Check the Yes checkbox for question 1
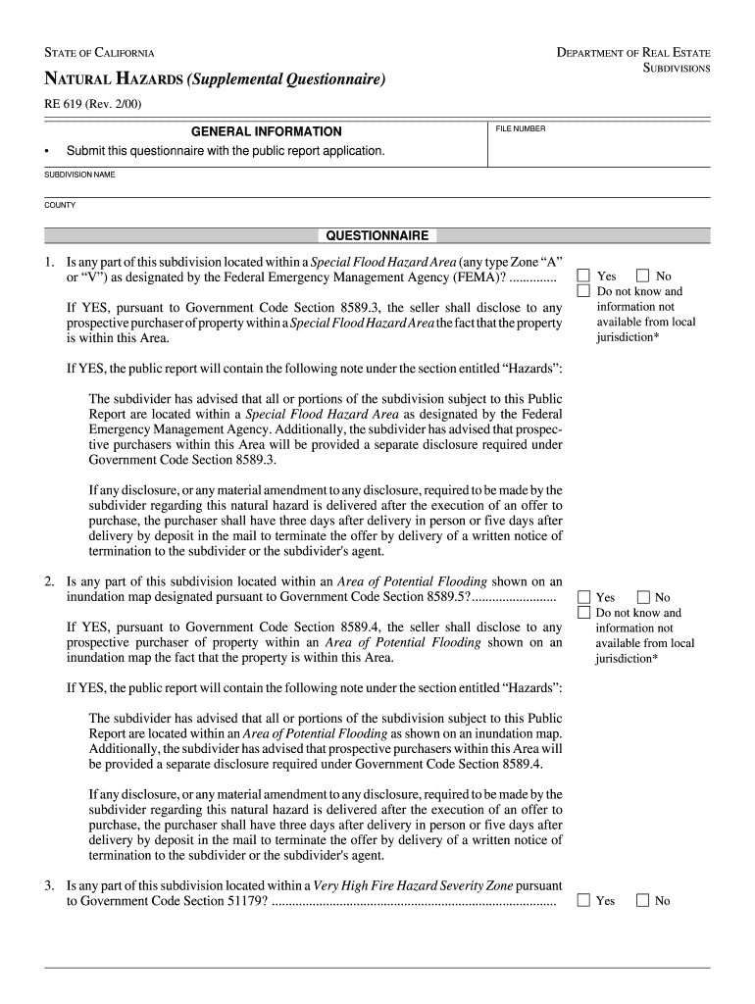583,276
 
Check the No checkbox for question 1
642,276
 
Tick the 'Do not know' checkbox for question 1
583,291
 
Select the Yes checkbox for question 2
583,597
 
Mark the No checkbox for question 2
642,597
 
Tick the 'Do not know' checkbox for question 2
583,613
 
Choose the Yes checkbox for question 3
583,900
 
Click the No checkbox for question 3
642,900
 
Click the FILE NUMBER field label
520,128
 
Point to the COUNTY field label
60,205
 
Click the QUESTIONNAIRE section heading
377,236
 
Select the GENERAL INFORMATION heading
266,131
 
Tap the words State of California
98,52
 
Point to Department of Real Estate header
632,52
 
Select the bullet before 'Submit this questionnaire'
47,152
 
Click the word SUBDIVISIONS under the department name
676,69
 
